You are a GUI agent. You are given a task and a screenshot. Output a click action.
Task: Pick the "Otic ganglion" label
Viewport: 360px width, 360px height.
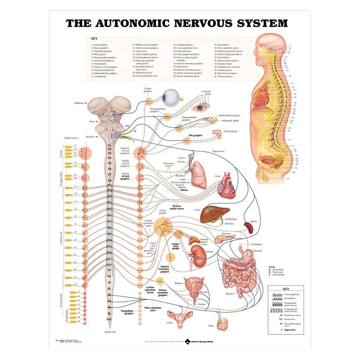coord(195,135)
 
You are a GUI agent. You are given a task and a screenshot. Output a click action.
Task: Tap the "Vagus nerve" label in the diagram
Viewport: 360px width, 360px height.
coord(218,151)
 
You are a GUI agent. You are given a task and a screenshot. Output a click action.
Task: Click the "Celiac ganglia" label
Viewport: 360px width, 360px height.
coord(163,212)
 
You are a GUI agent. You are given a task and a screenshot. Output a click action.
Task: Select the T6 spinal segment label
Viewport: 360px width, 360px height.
coord(109,215)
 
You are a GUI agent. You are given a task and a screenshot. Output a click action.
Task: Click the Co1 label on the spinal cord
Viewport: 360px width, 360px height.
coord(109,319)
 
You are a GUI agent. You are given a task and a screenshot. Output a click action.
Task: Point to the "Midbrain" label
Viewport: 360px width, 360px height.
coord(79,103)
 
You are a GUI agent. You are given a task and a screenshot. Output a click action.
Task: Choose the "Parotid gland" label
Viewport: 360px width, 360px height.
coord(230,131)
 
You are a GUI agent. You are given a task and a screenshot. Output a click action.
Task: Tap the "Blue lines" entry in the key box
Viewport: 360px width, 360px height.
coord(277,295)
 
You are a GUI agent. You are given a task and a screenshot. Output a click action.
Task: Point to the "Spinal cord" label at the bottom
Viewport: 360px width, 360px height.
coord(110,332)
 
